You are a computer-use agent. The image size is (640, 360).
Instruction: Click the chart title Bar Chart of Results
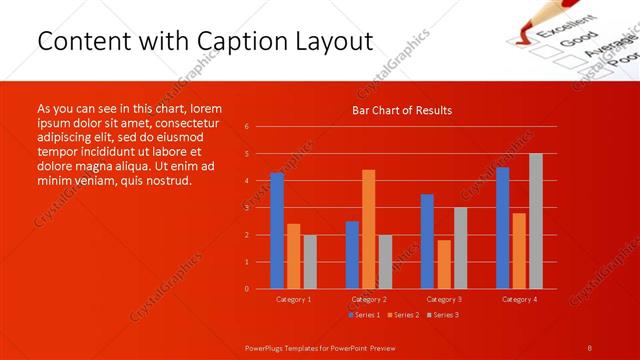pyautogui.click(x=401, y=110)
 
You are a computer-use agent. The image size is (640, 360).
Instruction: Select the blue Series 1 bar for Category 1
pyautogui.click(x=277, y=230)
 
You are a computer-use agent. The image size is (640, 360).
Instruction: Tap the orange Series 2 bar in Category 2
pyautogui.click(x=369, y=229)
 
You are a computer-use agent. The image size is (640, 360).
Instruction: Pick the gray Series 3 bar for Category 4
pyautogui.click(x=536, y=221)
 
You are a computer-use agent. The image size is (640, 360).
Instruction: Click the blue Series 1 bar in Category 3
pyautogui.click(x=427, y=241)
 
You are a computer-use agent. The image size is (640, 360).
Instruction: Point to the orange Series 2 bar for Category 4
pyautogui.click(x=519, y=250)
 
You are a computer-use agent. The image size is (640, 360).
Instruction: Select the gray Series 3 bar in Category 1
pyautogui.click(x=310, y=261)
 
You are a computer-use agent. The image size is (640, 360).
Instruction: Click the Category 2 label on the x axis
pyautogui.click(x=369, y=299)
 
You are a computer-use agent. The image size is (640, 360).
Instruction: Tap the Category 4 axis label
pyautogui.click(x=519, y=299)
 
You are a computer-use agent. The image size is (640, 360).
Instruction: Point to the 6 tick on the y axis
pyautogui.click(x=246, y=127)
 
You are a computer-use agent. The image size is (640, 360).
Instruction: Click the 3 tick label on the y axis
pyautogui.click(x=246, y=208)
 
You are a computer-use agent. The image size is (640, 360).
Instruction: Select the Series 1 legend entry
pyautogui.click(x=363, y=315)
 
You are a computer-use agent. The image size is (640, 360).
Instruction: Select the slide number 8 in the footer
pyautogui.click(x=590, y=346)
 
